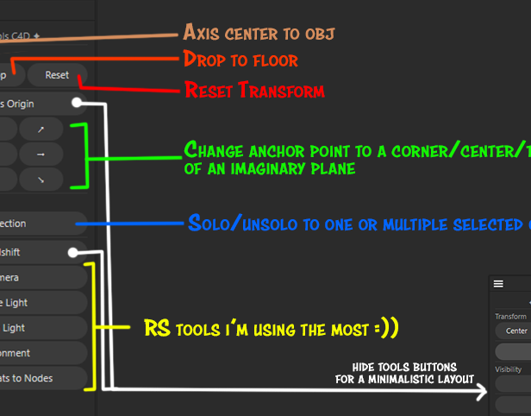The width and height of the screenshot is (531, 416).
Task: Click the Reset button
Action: click(x=57, y=75)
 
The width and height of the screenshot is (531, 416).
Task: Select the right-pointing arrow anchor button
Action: click(x=41, y=154)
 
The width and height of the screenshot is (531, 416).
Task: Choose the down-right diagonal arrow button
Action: click(x=41, y=180)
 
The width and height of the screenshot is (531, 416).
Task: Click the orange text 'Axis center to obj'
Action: click(x=259, y=34)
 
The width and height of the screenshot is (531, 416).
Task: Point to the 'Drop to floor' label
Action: click(x=241, y=60)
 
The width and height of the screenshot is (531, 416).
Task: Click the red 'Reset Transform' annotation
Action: click(x=254, y=90)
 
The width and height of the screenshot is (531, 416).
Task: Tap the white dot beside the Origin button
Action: click(x=78, y=104)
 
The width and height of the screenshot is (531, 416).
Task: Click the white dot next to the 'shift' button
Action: click(x=74, y=253)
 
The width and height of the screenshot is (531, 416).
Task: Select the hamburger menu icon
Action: click(x=498, y=283)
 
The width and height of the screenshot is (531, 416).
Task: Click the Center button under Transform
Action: click(x=516, y=331)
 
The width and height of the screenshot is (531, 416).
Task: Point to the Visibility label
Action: click(x=508, y=369)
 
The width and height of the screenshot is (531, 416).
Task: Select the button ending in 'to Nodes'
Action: click(x=43, y=378)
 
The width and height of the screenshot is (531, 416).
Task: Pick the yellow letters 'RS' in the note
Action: click(x=158, y=329)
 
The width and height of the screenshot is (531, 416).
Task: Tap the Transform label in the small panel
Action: click(x=510, y=317)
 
